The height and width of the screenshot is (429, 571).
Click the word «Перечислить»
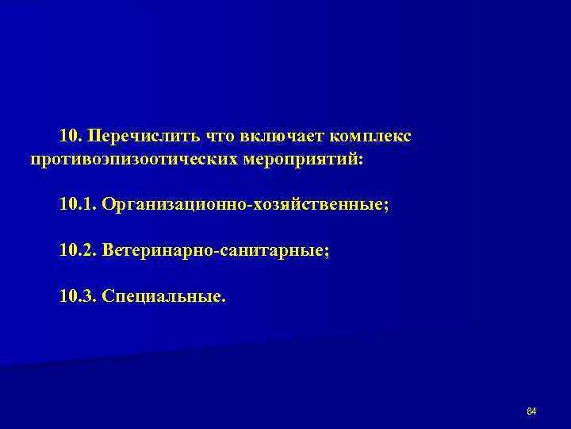pos(144,137)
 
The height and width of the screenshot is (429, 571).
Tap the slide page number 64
pos(532,411)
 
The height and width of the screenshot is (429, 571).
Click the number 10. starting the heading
pos(71,137)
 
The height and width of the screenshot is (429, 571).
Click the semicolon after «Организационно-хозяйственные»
pos(387,207)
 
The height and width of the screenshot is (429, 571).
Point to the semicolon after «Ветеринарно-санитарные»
pos(327,253)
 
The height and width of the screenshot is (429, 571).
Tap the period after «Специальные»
pos(224,301)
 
